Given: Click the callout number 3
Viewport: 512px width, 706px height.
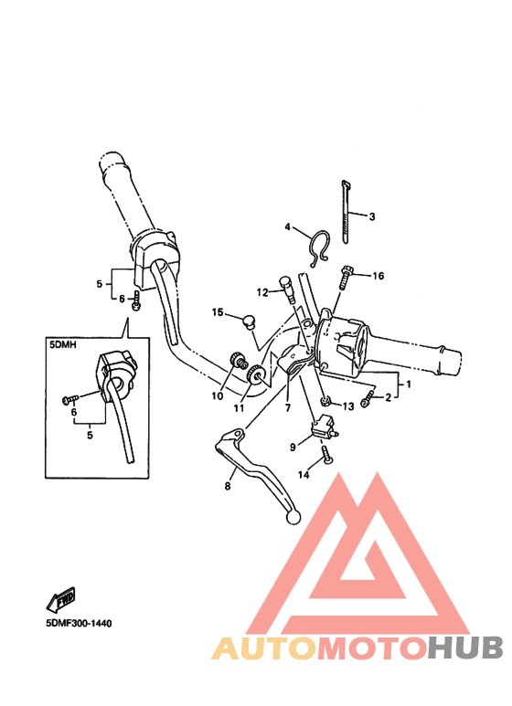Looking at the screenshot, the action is click(x=371, y=216).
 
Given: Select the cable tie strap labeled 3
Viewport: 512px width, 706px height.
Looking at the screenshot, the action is click(x=346, y=212).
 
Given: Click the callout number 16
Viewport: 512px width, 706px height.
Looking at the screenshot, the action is click(x=378, y=276).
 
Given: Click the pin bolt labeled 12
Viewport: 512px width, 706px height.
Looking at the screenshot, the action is click(x=288, y=289).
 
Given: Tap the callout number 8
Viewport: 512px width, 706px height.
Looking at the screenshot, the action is click(x=228, y=486).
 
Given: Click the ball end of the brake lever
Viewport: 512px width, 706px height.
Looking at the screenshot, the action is click(x=293, y=517).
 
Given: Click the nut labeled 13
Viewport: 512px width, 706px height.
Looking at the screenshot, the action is click(x=325, y=401).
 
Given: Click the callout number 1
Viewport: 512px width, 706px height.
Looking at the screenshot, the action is click(x=409, y=385).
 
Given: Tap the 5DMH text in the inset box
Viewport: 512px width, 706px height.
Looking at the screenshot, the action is click(x=63, y=345).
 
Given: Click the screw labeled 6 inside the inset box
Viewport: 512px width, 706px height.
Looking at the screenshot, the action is click(x=69, y=398).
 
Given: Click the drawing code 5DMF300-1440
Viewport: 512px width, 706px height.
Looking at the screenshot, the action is click(x=79, y=623).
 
